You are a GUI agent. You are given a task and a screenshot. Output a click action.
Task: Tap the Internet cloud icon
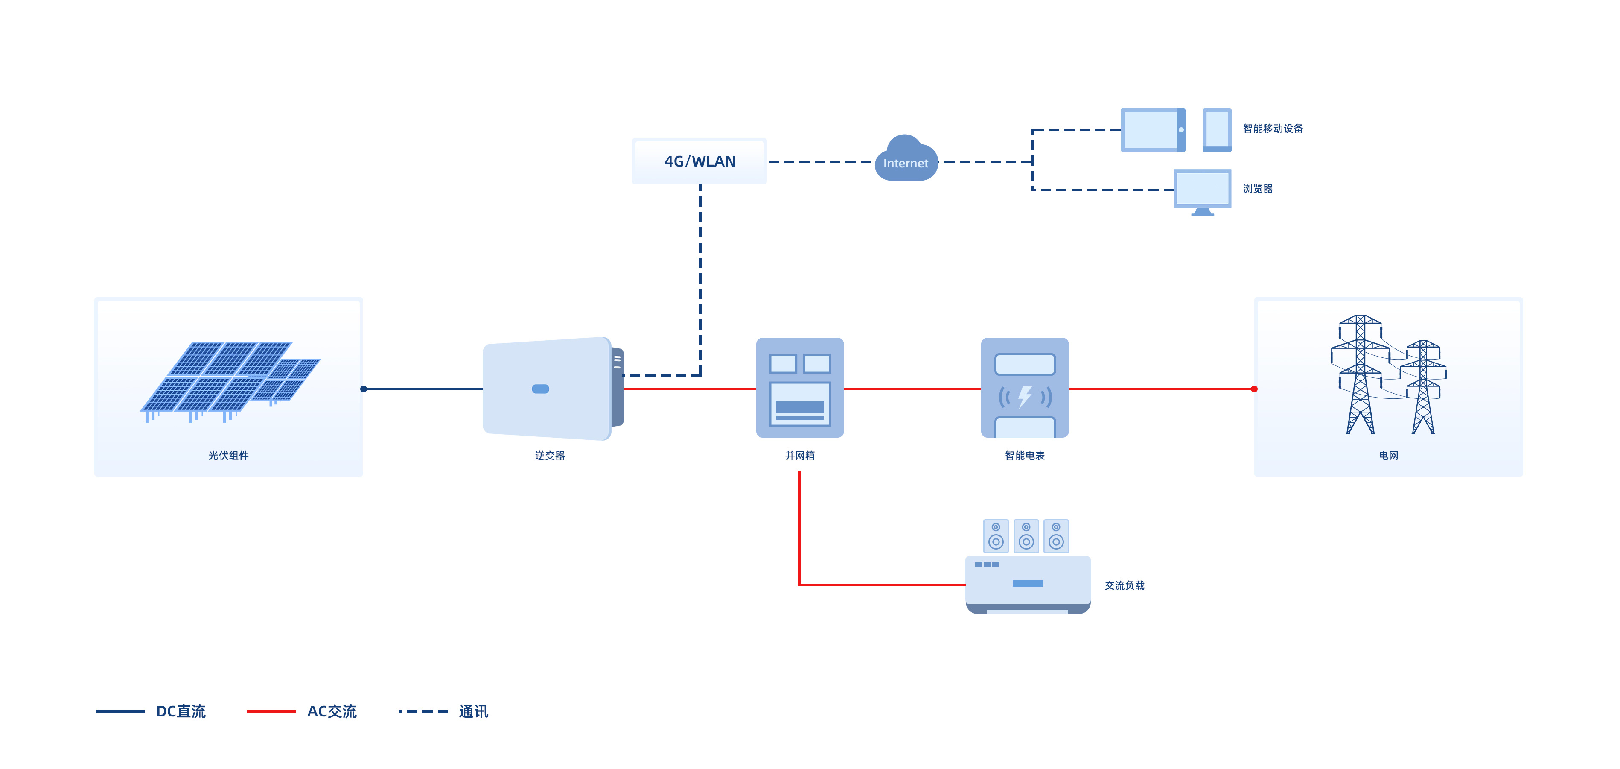[x=906, y=161]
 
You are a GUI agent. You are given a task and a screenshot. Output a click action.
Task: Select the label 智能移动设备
[x=1273, y=129]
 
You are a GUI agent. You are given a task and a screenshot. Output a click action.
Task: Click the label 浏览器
[x=1258, y=189]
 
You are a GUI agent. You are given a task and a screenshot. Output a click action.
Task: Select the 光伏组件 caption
[x=228, y=456]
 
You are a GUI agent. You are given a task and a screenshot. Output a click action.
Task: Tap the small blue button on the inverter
[x=540, y=389]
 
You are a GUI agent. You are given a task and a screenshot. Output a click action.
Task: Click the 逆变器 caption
[x=550, y=456]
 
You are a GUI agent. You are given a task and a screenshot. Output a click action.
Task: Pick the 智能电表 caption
[x=1024, y=456]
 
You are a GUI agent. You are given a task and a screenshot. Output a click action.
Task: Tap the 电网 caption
[x=1389, y=456]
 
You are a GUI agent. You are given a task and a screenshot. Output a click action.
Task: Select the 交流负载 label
[x=1125, y=585]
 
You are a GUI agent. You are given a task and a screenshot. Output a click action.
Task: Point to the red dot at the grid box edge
[x=1254, y=389]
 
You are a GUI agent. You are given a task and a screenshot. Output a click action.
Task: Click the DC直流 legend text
[x=181, y=711]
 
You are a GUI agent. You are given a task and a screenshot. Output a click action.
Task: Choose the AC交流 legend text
[x=332, y=711]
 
